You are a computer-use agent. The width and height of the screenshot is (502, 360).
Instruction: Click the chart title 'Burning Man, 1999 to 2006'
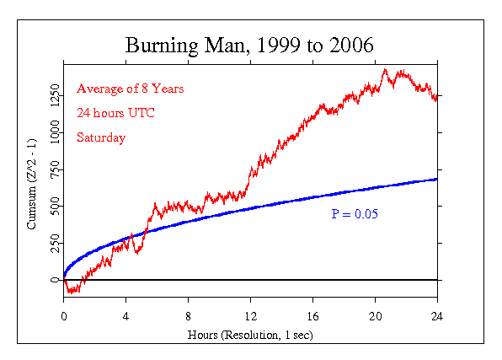250,45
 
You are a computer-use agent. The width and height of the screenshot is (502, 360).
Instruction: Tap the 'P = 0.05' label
354,214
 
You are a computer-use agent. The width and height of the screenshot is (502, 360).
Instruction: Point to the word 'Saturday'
101,137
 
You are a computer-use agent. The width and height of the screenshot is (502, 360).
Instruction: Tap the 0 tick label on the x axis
64,317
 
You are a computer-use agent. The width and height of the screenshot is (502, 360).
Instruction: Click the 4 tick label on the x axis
126,317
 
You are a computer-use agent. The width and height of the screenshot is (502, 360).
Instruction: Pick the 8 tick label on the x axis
189,317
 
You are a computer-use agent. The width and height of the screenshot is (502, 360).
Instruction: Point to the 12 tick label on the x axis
250,317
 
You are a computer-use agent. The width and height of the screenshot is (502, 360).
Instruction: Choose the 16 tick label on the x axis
312,317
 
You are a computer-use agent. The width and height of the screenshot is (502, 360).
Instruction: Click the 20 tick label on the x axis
375,317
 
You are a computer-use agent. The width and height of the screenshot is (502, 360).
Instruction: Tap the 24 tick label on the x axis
437,317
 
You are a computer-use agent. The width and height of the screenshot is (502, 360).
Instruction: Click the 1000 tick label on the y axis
54,133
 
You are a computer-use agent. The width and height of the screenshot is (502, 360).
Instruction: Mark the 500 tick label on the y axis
54,207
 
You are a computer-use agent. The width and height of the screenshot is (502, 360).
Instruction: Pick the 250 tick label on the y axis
54,243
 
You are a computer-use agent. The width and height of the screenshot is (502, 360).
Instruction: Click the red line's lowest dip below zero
71,293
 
